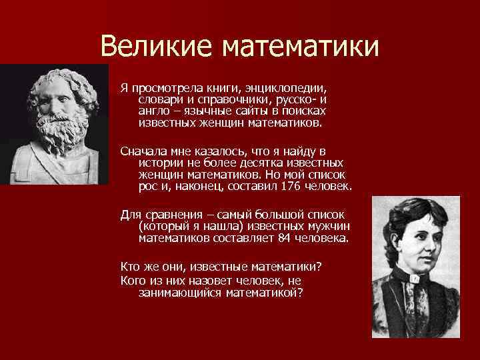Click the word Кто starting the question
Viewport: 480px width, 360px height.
pyautogui.click(x=130, y=266)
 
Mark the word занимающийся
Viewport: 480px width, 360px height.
pyautogui.click(x=180, y=291)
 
